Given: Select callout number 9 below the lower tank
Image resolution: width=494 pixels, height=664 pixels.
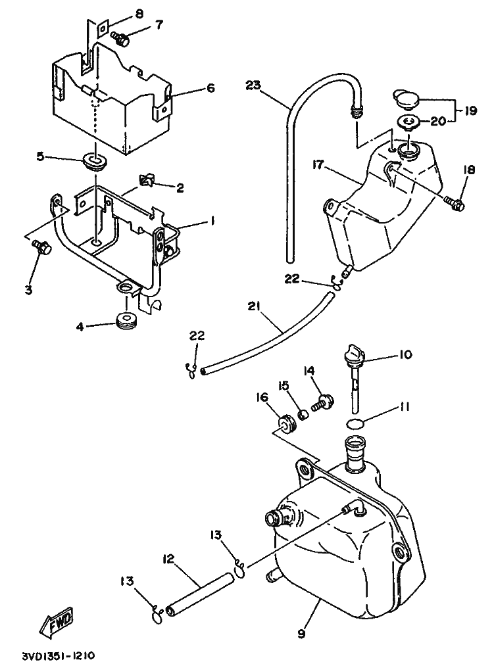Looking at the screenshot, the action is point(301,634).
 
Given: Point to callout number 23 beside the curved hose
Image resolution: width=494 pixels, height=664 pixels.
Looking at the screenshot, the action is point(254,86).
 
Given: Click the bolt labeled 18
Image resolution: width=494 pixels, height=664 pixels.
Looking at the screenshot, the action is point(455,204).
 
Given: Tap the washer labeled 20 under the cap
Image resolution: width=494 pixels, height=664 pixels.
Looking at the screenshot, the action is point(408,123).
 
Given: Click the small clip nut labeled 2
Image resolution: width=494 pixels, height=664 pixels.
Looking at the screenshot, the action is point(147,181).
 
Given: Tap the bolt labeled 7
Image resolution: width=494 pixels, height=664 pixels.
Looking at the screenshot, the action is point(121,39).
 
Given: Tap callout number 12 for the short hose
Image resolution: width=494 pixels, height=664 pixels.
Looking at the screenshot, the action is point(168,559).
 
